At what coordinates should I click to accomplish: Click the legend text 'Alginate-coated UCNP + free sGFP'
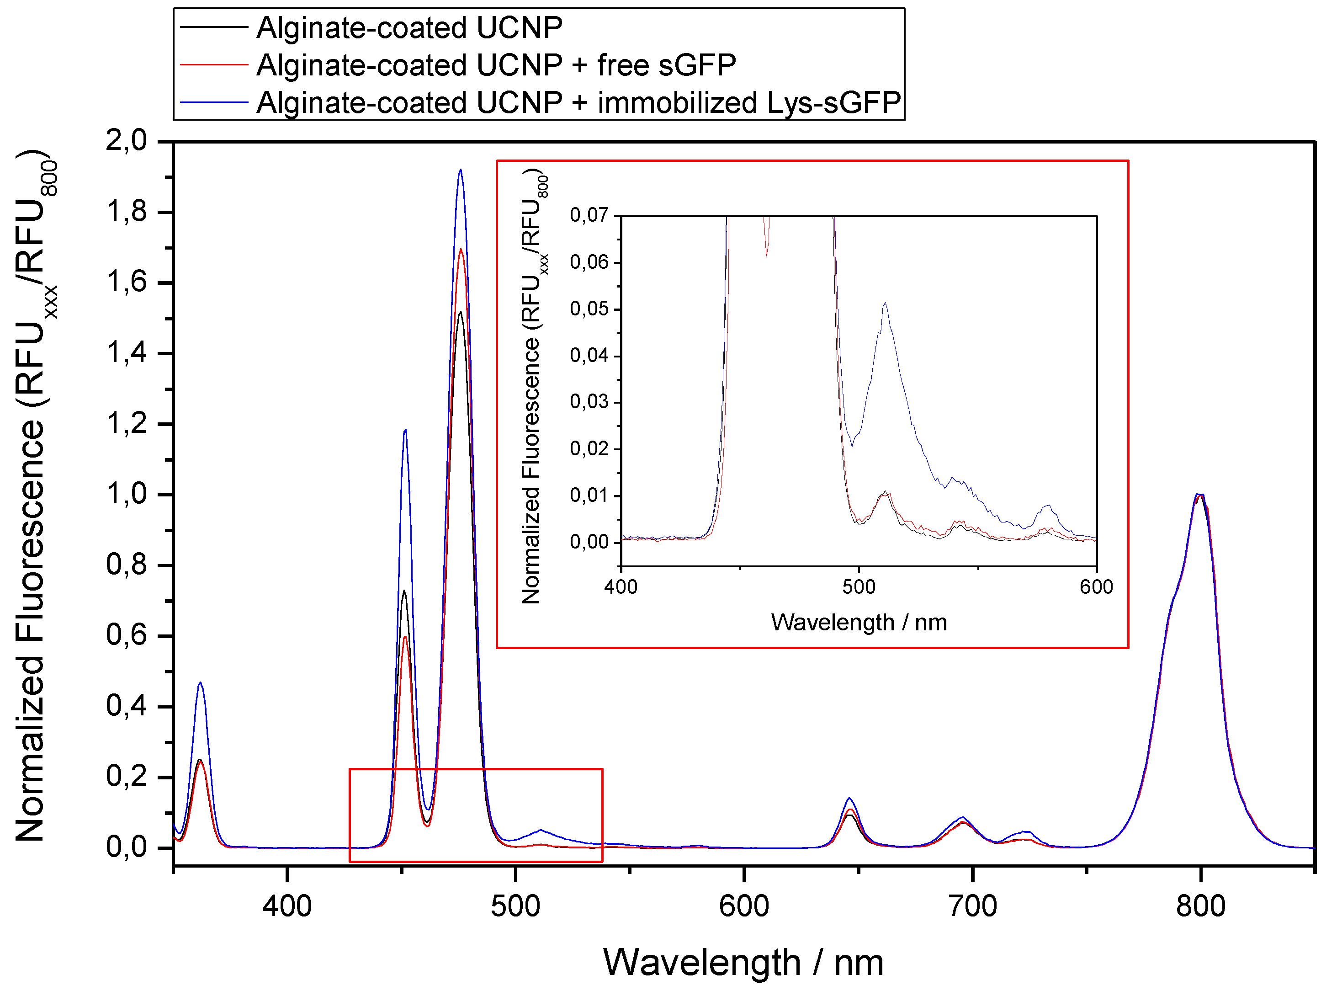(496, 65)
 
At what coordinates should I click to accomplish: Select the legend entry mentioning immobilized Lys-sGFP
(578, 103)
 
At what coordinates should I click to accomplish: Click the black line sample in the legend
(213, 27)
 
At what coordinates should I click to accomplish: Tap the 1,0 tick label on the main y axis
(126, 495)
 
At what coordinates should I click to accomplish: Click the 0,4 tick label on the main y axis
(126, 706)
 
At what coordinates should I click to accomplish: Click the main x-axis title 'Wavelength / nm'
(743, 963)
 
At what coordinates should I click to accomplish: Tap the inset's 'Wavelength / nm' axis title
(859, 623)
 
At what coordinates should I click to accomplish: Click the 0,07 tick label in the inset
(589, 215)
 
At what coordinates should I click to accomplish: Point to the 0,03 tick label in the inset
(589, 401)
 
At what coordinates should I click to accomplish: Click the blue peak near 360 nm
(200, 683)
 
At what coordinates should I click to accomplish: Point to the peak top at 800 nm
(1199, 495)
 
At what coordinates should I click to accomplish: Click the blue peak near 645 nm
(849, 799)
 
